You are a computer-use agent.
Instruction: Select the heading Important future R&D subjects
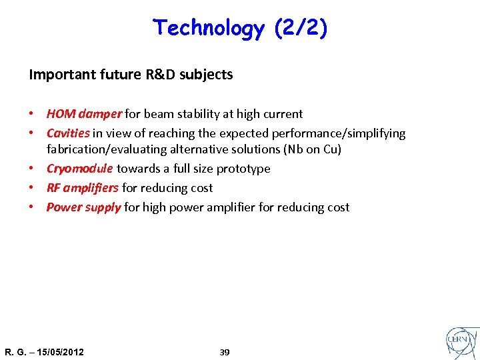pos(131,75)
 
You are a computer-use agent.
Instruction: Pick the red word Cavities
pos(68,133)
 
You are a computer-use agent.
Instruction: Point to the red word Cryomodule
pos(80,169)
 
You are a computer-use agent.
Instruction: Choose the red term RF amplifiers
pos(83,188)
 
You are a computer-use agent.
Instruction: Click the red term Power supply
pos(83,207)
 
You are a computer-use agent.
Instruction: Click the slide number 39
pos(225,352)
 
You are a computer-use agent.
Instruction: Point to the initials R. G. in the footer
pos(13,352)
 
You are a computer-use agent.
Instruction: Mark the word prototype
pos(244,169)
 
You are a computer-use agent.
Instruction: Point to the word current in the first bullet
pos(283,114)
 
